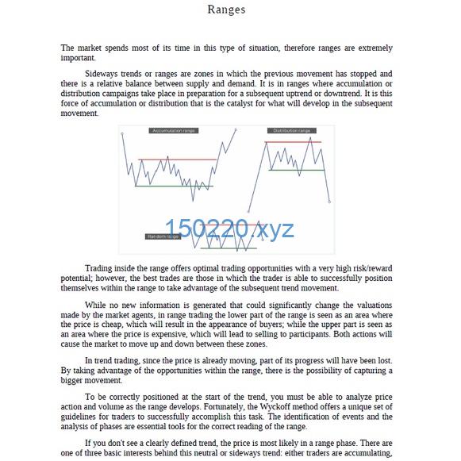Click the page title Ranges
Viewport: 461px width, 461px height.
point(226,10)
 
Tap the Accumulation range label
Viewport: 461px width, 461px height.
point(174,130)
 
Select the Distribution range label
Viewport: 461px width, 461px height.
point(291,130)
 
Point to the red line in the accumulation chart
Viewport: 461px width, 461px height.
point(177,159)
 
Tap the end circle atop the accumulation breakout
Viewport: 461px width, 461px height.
point(235,129)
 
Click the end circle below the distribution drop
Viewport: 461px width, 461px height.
point(329,202)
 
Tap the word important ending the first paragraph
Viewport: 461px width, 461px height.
point(78,58)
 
